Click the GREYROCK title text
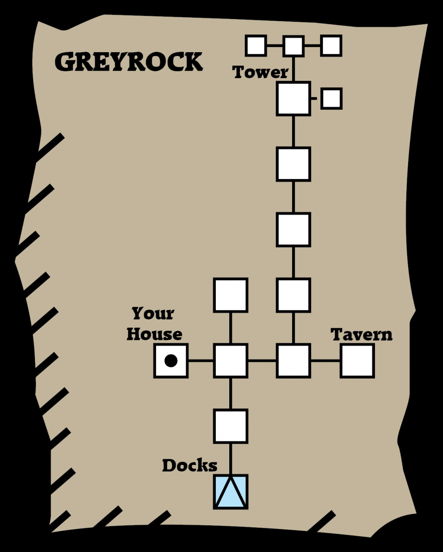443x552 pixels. [x=128, y=62]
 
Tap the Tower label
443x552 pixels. [x=260, y=72]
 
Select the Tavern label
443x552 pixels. [x=362, y=335]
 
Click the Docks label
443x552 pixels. [x=190, y=465]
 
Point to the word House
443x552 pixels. [x=154, y=334]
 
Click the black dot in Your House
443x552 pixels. [x=171, y=361]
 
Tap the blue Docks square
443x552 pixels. [x=231, y=492]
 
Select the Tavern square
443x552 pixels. [x=357, y=361]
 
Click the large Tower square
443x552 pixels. [x=293, y=98]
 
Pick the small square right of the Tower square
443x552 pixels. [x=331, y=98]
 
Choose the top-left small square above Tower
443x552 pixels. [x=256, y=46]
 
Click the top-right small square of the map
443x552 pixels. [x=331, y=46]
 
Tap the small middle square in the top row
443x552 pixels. [x=293, y=46]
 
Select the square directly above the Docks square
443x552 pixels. [x=231, y=426]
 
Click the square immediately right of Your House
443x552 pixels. [x=231, y=361]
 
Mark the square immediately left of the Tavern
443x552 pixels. [x=293, y=361]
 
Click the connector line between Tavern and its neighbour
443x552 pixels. [x=325, y=361]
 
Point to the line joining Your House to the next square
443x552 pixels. [x=201, y=361]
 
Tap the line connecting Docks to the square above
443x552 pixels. [x=231, y=459]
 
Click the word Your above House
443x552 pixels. [x=153, y=314]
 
